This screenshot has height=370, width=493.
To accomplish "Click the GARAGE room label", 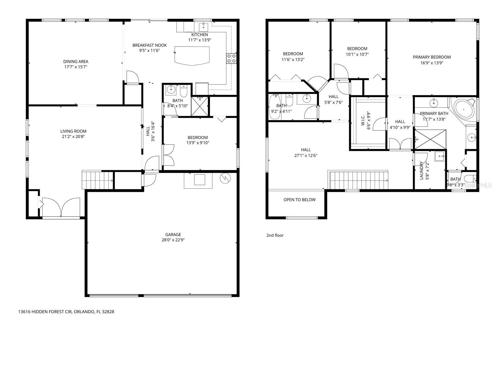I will [173, 234].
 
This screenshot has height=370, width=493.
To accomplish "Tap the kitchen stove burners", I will [231, 58].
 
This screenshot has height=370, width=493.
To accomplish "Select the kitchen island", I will [192, 55].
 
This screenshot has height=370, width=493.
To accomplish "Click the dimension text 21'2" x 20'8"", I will [73, 136].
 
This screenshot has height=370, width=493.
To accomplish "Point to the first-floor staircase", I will [97, 180].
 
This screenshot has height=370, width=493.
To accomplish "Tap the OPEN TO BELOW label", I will [299, 199].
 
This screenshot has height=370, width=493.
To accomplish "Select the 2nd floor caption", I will [275, 235].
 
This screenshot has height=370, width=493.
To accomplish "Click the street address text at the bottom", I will [66, 312].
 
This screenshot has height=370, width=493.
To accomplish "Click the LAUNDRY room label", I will [422, 170].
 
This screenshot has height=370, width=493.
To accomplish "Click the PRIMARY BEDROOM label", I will [432, 57].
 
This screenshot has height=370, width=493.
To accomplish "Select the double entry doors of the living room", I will [62, 207].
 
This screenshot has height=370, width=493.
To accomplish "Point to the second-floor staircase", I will [359, 180].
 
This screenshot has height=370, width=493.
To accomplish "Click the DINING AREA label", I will [76, 61].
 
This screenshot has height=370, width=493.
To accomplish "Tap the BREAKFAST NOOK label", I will [149, 45].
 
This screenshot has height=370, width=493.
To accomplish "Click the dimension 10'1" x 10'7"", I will [357, 54].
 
